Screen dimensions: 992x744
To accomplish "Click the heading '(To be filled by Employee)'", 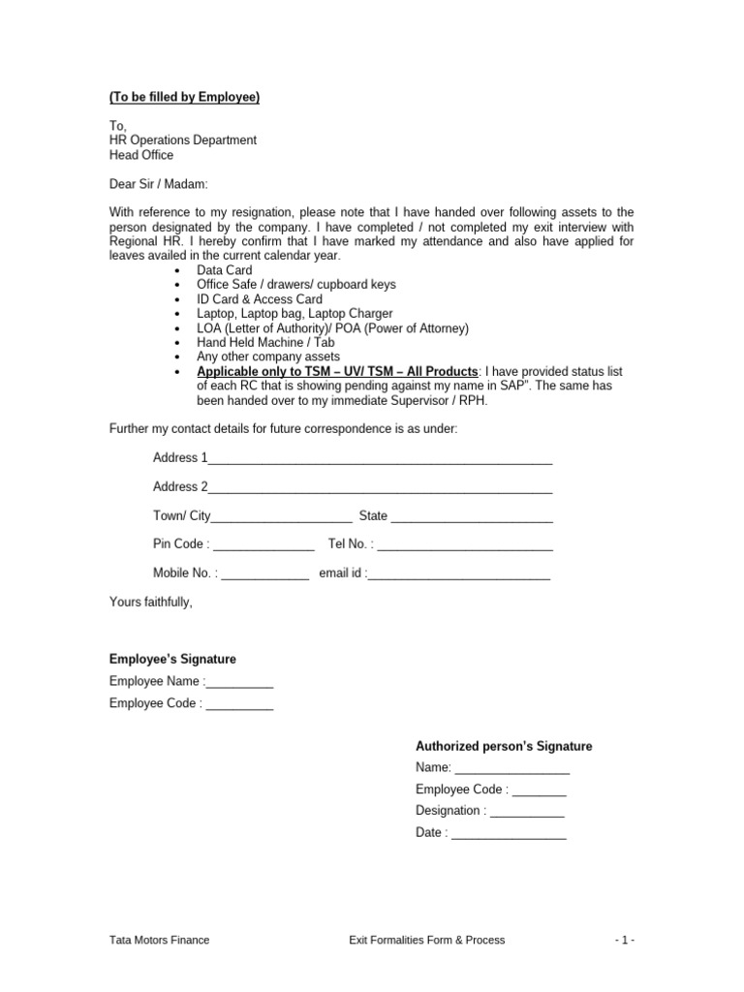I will [x=184, y=97].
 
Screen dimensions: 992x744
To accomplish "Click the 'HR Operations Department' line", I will [x=183, y=140].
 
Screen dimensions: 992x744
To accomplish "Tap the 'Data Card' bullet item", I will [x=224, y=270].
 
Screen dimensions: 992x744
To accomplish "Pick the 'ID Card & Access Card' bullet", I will [x=260, y=299].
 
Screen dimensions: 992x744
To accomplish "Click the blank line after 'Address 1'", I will [x=380, y=459].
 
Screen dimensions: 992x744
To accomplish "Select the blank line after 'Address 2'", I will [x=380, y=488].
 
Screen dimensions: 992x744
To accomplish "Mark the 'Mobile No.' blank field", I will [x=265, y=574].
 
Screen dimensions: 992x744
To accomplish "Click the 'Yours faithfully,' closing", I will [x=151, y=603].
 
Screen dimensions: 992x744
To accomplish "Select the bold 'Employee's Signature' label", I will [x=172, y=659].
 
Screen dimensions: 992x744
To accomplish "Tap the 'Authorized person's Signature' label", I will [x=504, y=746].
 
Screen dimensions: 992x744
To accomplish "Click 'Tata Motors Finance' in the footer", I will [x=159, y=940].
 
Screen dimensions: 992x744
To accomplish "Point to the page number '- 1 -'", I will [x=625, y=940].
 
